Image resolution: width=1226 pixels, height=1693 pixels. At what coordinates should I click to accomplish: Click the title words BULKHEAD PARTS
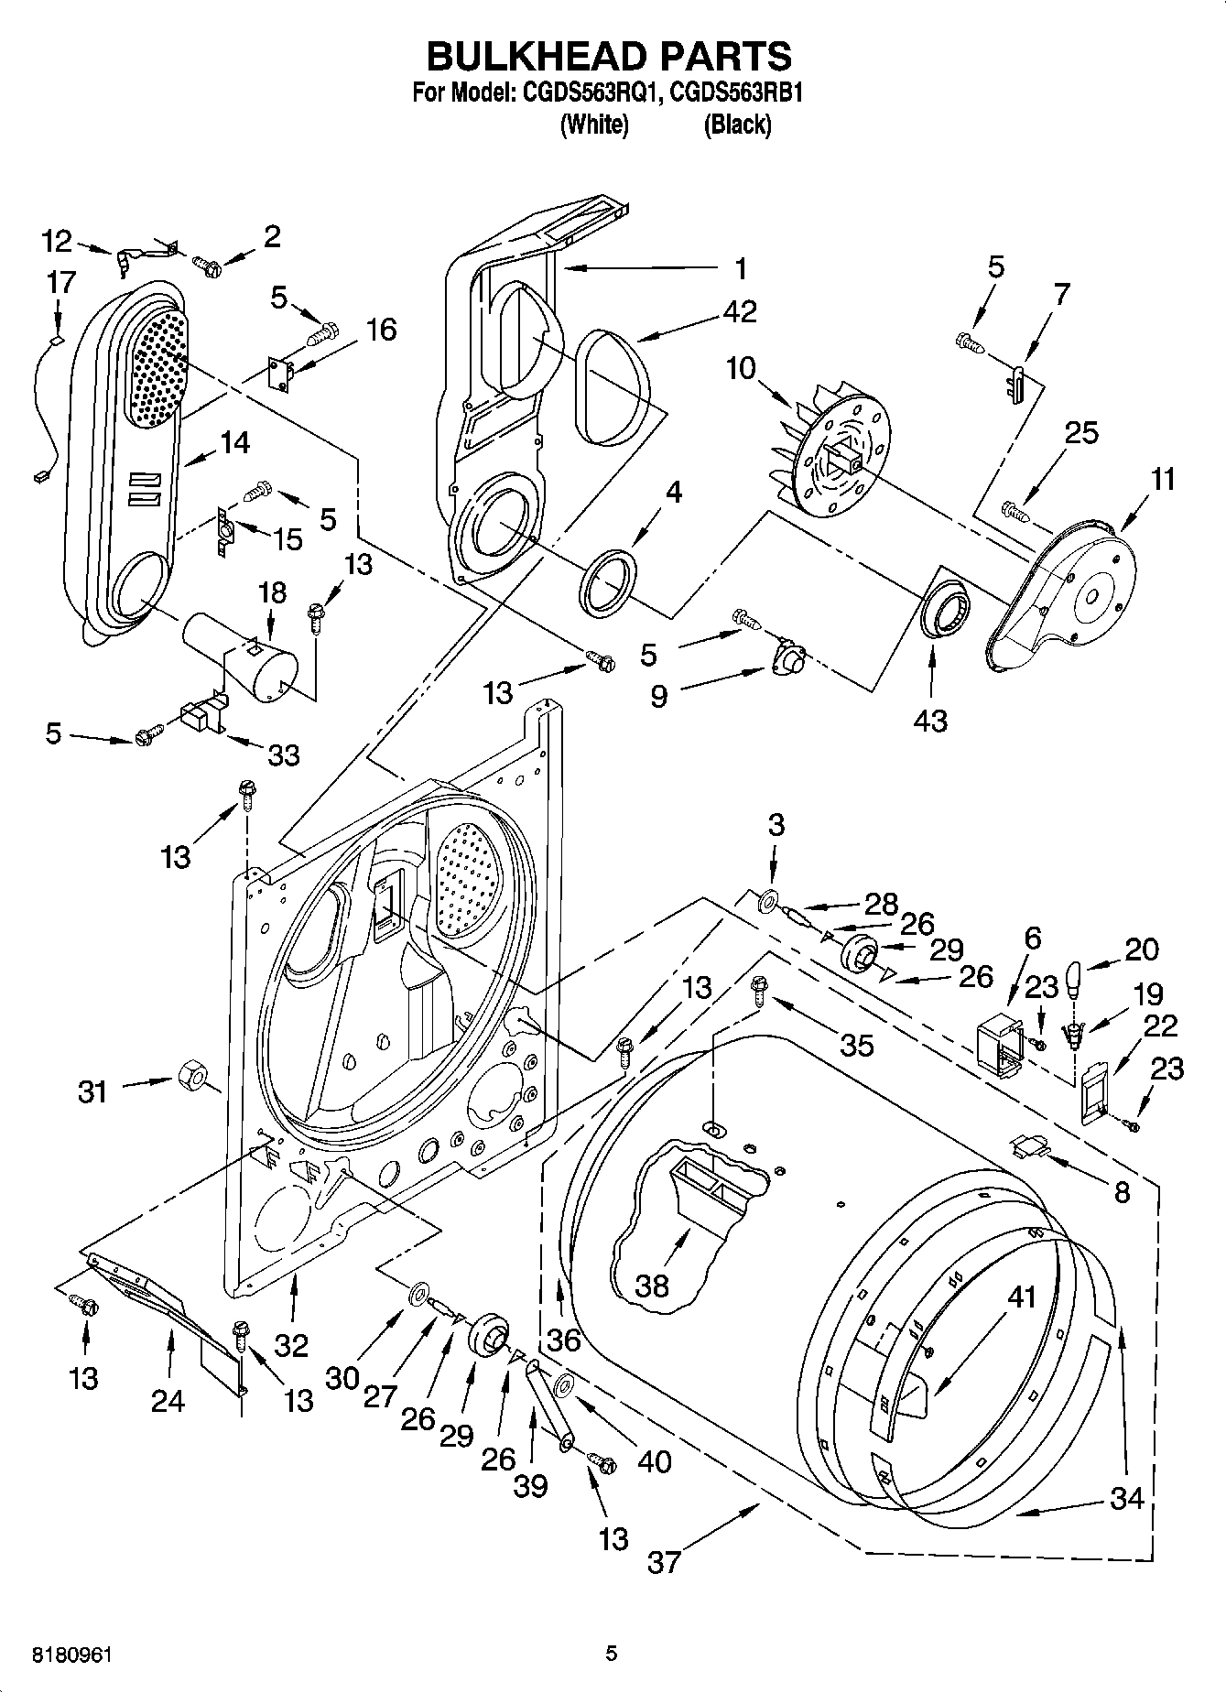click(610, 57)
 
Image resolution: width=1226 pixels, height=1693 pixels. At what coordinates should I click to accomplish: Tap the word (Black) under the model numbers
click(736, 125)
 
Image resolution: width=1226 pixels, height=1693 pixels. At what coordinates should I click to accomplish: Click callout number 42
click(740, 312)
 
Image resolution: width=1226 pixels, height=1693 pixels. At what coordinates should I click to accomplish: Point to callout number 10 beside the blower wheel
click(742, 369)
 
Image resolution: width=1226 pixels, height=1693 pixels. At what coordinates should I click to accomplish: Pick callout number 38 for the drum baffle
click(652, 1286)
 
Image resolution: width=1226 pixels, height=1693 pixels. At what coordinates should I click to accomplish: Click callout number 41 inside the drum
click(1022, 1297)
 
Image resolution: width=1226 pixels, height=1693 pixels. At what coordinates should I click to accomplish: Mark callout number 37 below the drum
click(665, 1560)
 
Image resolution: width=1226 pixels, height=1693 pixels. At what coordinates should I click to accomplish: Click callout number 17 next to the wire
click(61, 282)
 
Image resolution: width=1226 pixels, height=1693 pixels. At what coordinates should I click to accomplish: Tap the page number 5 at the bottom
click(612, 1654)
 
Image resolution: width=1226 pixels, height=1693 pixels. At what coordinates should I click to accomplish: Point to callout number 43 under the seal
click(931, 721)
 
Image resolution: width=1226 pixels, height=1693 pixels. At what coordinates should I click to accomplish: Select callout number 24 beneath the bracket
click(168, 1400)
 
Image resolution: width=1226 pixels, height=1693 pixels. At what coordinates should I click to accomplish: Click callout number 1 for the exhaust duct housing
click(742, 268)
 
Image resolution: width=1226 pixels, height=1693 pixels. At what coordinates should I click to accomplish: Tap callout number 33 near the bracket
click(283, 755)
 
